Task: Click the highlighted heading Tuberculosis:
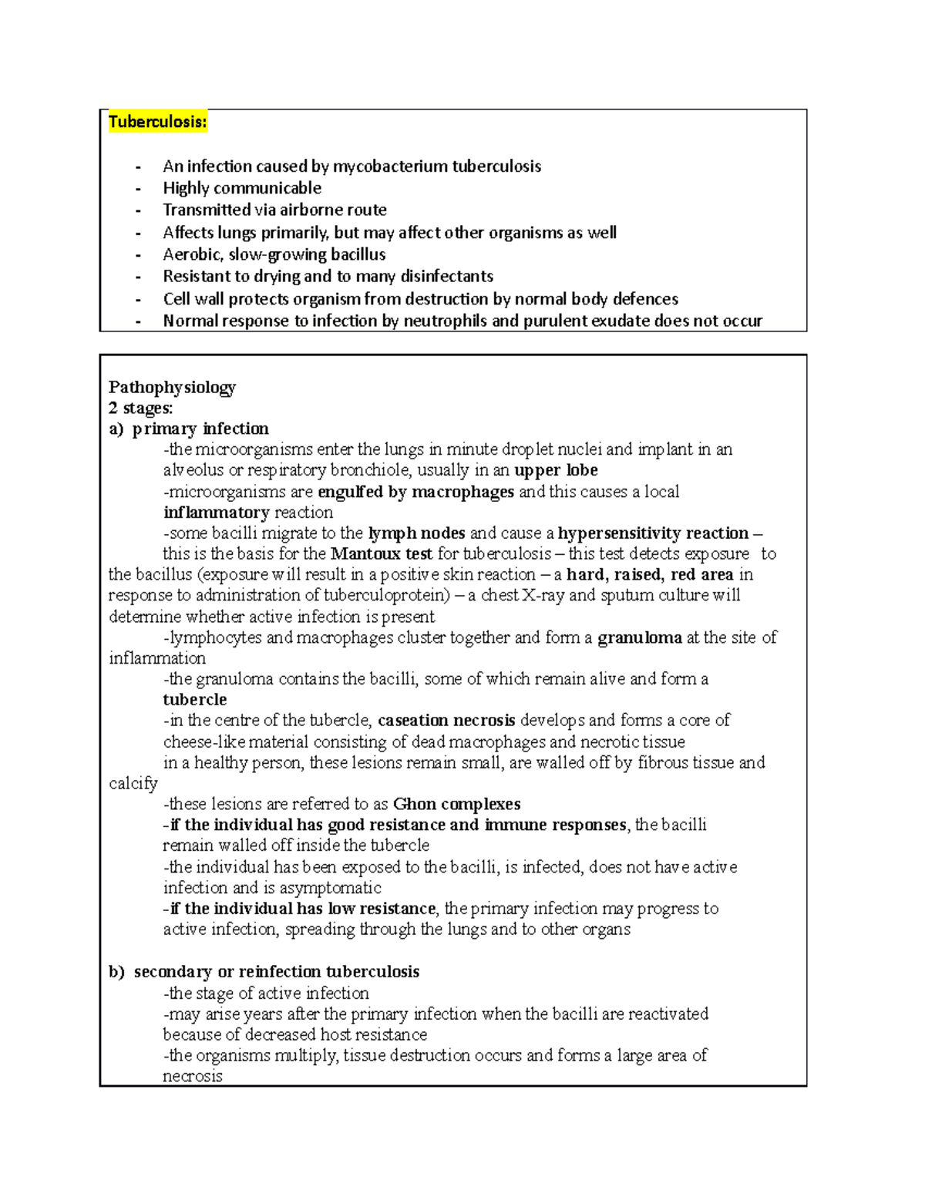tap(157, 122)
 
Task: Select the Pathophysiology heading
tap(172, 387)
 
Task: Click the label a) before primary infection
tap(116, 429)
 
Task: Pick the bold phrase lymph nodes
tap(416, 533)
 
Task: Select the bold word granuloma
tap(640, 637)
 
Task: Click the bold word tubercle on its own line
tap(195, 700)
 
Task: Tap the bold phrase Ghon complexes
tap(456, 804)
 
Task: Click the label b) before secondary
tap(116, 972)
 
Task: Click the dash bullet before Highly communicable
tap(138, 189)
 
